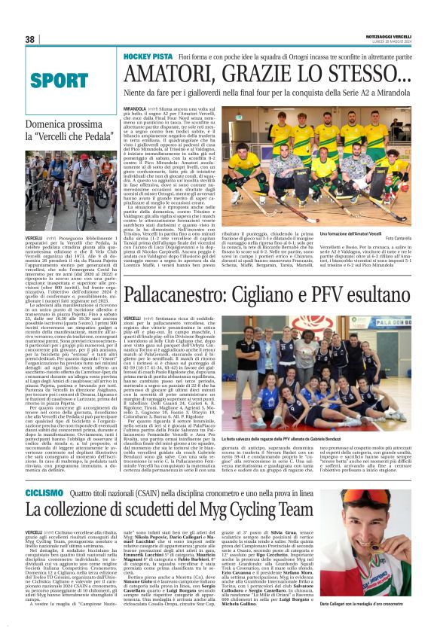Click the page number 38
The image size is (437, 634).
pos(30,39)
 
